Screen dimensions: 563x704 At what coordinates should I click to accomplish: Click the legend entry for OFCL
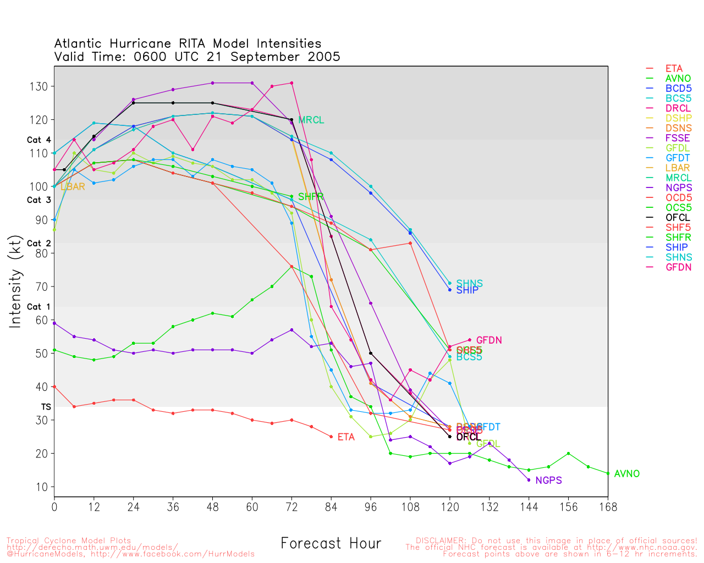[x=677, y=218]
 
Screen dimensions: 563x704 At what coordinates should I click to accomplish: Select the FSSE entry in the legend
[x=677, y=139]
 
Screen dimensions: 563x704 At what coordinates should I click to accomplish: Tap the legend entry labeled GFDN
[x=678, y=267]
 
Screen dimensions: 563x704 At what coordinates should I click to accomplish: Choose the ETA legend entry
[x=674, y=69]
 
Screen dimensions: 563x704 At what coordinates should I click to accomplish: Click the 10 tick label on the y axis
[x=42, y=487]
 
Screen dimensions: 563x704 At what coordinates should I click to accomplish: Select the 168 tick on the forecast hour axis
[x=608, y=507]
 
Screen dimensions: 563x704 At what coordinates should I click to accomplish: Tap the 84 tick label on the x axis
[x=331, y=507]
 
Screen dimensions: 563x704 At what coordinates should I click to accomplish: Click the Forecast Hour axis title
[x=331, y=544]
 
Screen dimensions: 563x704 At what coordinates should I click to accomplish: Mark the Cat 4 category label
[x=38, y=140]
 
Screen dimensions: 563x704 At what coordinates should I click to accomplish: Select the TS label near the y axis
[x=46, y=407]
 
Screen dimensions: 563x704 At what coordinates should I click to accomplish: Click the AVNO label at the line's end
[x=626, y=474]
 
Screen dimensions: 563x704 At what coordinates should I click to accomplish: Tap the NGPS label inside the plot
[x=548, y=481]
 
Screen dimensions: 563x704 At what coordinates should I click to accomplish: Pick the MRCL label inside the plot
[x=311, y=120]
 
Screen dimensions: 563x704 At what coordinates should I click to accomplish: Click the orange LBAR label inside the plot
[x=73, y=187]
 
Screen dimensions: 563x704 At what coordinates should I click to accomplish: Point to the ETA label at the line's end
[x=346, y=438]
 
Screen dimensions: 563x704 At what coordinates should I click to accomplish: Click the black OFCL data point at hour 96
[x=371, y=354]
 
